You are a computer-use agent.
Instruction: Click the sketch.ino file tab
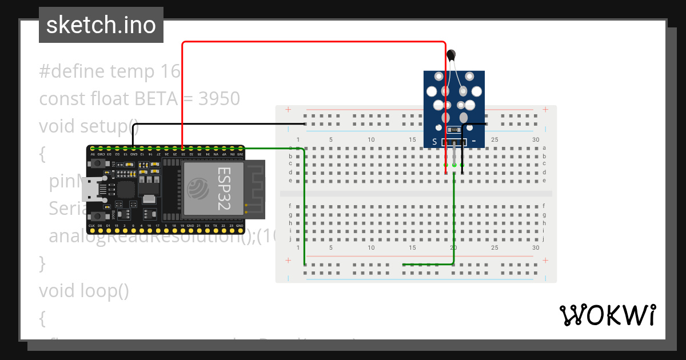pos(101,25)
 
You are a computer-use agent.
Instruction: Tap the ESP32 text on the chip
pos(224,189)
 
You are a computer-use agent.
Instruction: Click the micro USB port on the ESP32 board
pos(90,189)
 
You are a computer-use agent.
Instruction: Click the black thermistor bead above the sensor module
pos(452,55)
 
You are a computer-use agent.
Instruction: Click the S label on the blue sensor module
pos(434,142)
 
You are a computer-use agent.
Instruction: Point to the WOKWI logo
pos(607,315)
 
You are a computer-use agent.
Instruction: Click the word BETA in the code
pos(156,99)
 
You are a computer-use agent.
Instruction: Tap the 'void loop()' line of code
pos(84,291)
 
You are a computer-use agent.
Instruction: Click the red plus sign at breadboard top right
pos(545,110)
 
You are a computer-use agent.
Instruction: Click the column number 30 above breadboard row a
pos(535,140)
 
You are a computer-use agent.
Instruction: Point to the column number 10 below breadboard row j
pos(371,247)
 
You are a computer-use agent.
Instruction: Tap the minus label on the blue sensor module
pos(474,141)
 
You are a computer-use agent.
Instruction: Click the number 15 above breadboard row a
pos(412,140)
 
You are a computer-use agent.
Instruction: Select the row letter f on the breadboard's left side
pos(290,206)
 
